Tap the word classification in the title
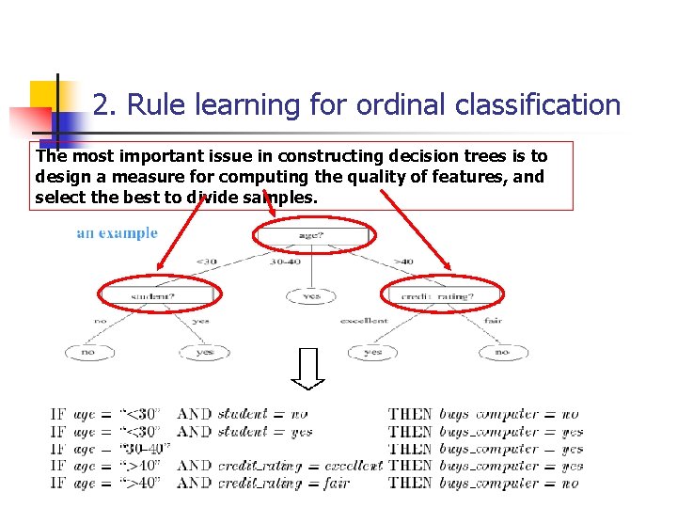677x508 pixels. click(538, 105)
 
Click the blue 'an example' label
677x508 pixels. click(117, 233)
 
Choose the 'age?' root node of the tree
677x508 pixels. click(314, 237)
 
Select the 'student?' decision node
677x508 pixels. click(159, 296)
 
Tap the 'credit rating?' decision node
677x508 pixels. click(445, 296)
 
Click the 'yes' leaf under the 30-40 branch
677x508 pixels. click(311, 296)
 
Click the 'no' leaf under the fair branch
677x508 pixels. click(504, 353)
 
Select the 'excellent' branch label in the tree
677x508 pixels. click(364, 321)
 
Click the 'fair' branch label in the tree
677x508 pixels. click(492, 321)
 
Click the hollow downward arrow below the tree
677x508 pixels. click(307, 368)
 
